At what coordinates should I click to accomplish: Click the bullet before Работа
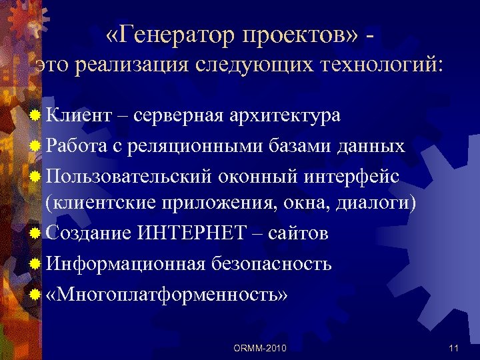coord(35,146)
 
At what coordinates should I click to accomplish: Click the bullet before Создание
coord(35,233)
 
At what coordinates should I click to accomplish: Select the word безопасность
coord(271,263)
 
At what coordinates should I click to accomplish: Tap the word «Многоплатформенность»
coord(167,293)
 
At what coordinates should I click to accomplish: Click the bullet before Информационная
coord(35,263)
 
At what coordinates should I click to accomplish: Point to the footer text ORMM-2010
coord(261,347)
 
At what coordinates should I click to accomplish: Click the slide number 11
coord(455,347)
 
